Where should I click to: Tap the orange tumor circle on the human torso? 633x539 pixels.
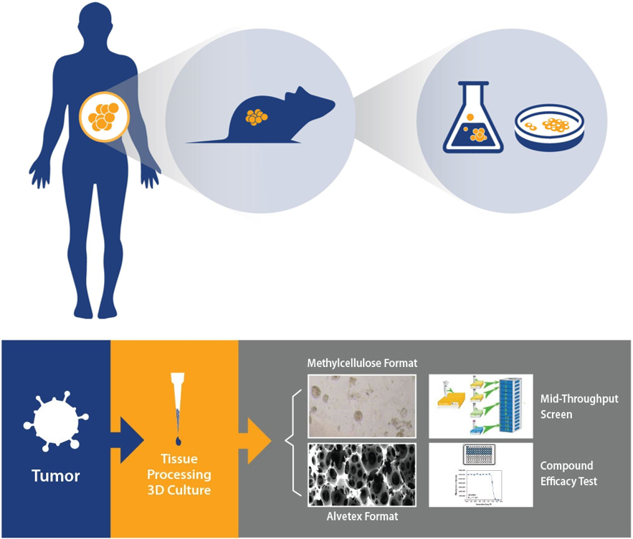click(x=105, y=117)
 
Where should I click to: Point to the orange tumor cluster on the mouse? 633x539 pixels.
click(x=257, y=116)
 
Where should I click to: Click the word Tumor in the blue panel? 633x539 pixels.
click(x=55, y=476)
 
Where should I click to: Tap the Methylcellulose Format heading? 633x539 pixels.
click(x=362, y=363)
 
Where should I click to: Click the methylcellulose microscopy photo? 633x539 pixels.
click(x=362, y=406)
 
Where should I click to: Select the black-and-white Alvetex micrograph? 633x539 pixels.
click(x=362, y=475)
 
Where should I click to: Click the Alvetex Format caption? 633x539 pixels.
click(x=362, y=516)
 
